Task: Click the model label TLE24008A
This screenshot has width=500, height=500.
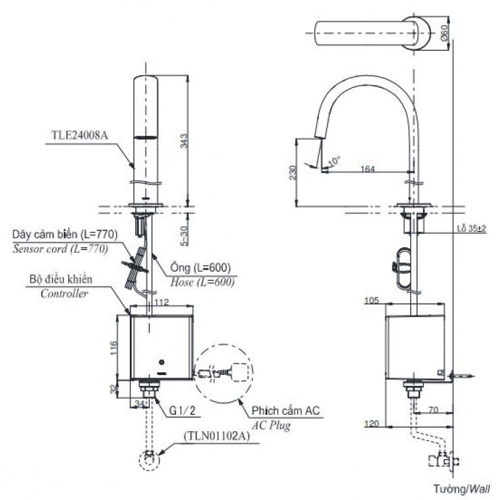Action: click(80, 134)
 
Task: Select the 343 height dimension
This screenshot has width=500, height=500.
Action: click(184, 141)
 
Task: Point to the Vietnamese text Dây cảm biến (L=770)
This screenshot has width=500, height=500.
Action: click(65, 234)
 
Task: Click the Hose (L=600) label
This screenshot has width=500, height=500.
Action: click(203, 283)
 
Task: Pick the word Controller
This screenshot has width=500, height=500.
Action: click(65, 293)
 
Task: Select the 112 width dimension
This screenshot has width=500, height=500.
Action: click(160, 302)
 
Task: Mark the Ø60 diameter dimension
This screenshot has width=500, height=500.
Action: click(443, 32)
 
